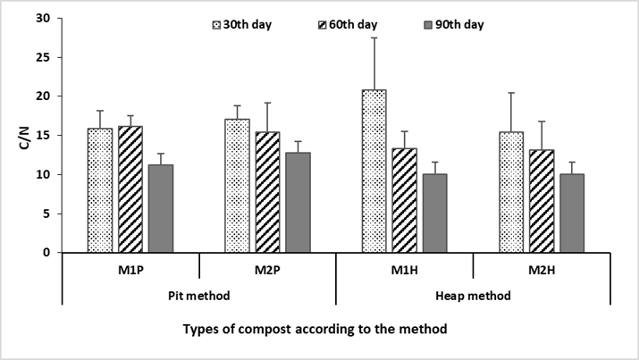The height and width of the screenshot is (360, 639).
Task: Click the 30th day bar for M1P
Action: [100, 190]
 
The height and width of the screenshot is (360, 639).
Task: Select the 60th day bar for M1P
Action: [130, 189]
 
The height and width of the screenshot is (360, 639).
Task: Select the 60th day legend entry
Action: [346, 24]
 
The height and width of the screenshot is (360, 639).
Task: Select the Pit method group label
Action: [198, 295]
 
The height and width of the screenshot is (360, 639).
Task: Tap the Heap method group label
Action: [473, 295]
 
